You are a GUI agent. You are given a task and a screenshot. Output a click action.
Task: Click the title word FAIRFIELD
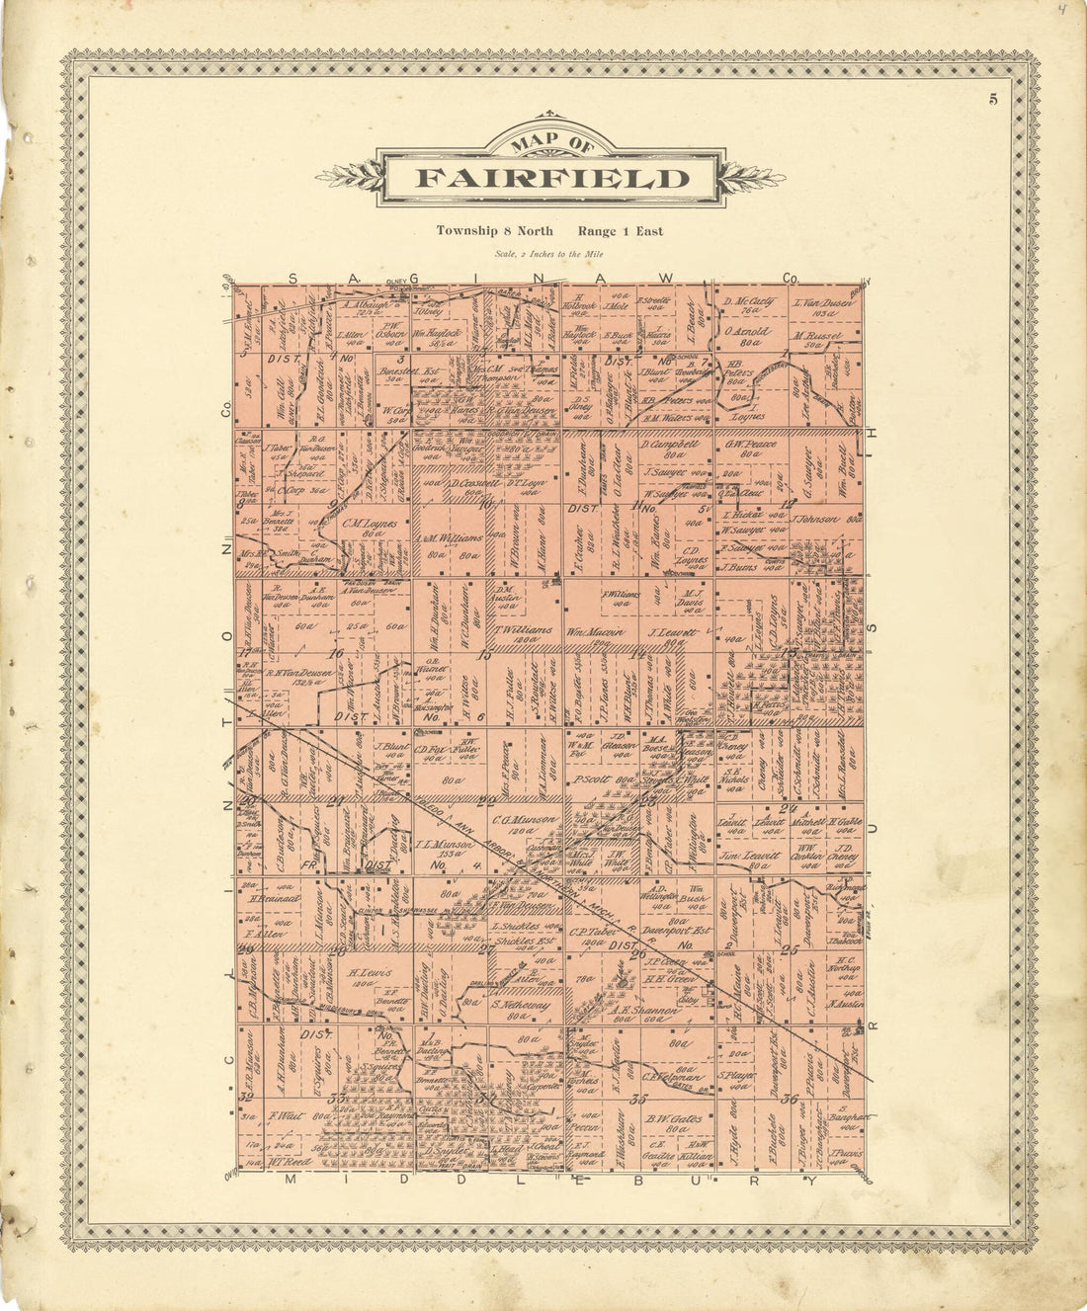tap(551, 179)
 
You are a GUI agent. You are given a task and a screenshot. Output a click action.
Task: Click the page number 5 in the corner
tap(991, 98)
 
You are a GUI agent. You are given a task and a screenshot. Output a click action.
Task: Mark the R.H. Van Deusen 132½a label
tap(293, 673)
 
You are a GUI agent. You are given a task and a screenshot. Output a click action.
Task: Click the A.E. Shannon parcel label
tap(643, 1011)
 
